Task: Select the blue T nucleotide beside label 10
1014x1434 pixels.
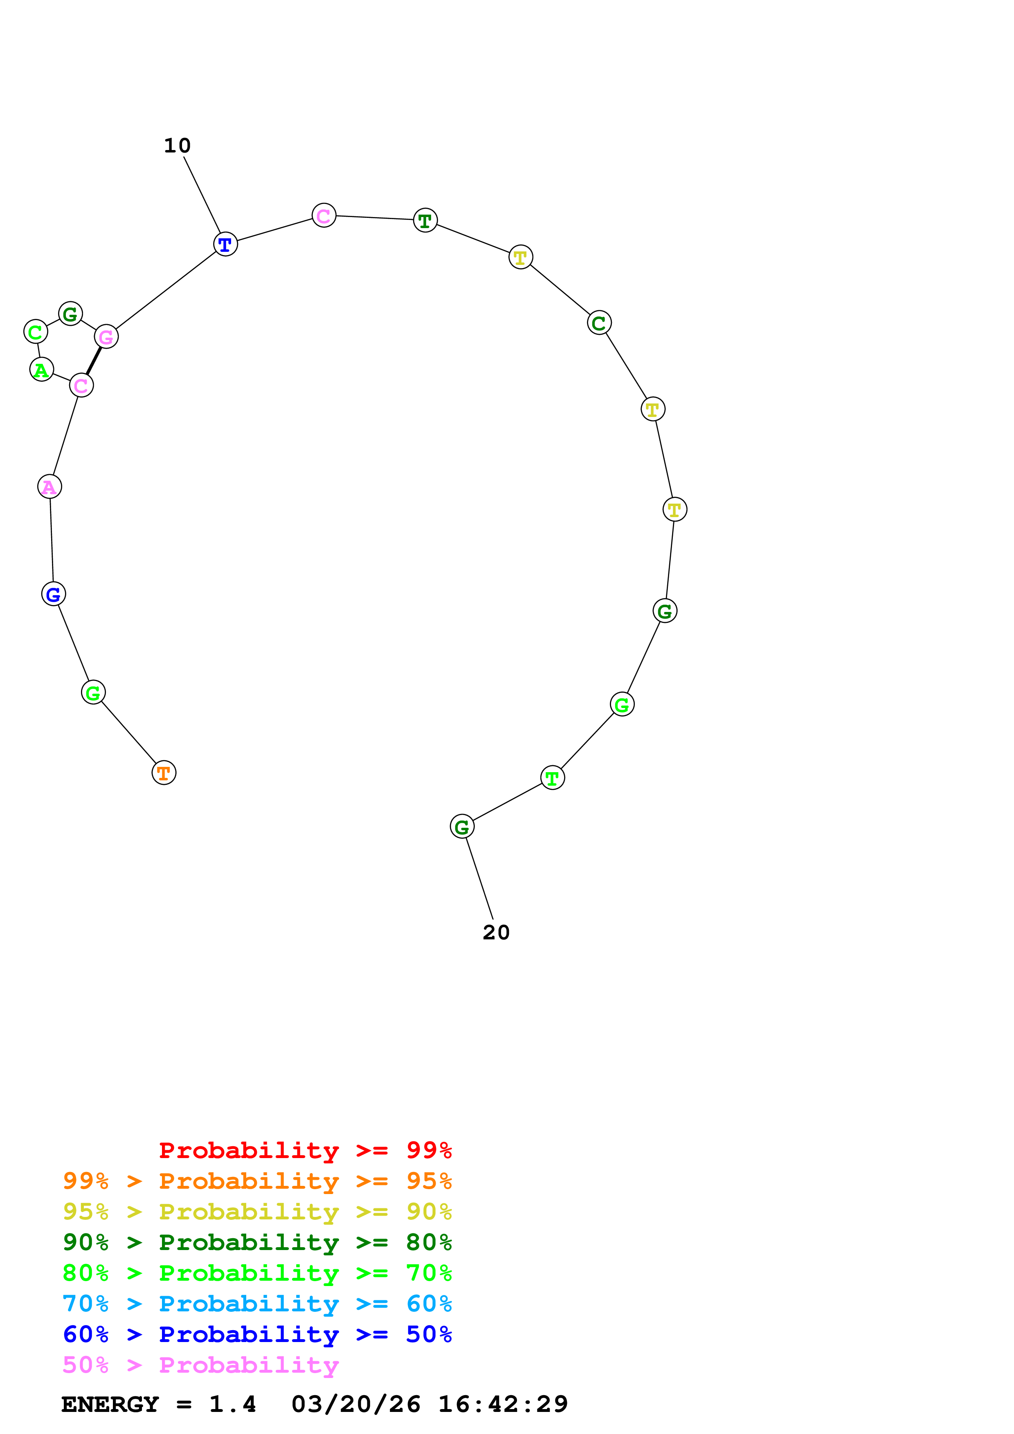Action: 225,244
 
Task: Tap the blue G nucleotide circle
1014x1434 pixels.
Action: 54,594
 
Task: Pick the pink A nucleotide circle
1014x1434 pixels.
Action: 49,486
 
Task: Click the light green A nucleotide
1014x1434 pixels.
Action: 42,370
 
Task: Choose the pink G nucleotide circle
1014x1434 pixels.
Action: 106,337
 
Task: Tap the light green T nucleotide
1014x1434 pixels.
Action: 552,777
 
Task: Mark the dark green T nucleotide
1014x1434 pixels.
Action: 425,220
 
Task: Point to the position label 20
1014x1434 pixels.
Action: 496,932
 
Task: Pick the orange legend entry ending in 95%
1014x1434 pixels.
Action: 257,1181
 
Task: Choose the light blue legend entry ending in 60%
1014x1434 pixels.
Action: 257,1304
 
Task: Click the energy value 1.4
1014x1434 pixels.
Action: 232,1404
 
